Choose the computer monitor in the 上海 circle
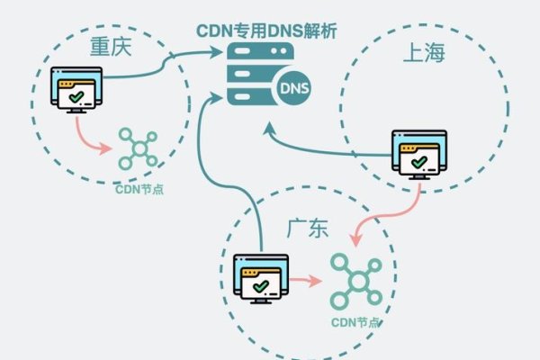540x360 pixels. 418,154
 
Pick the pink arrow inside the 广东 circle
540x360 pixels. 307,281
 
